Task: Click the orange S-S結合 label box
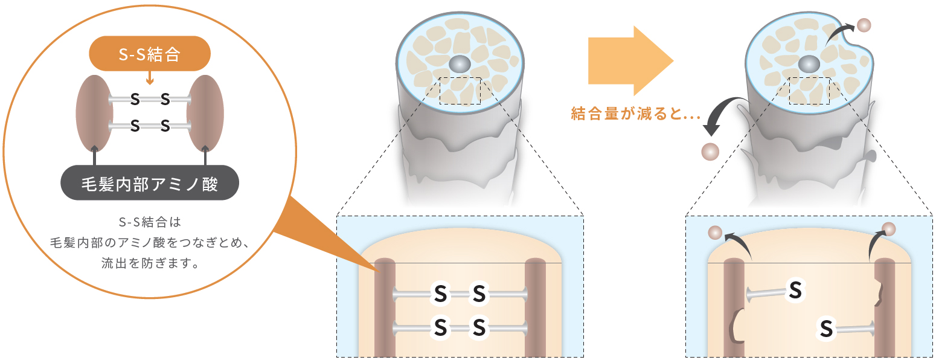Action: (150, 54)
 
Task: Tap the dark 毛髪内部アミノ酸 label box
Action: (150, 182)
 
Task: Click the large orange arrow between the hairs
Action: (631, 61)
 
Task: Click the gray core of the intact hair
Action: (460, 65)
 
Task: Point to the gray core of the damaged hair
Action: (809, 65)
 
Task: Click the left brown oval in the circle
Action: (94, 114)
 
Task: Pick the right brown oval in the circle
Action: (205, 114)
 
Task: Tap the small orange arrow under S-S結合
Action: (150, 78)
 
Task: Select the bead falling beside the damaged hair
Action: (710, 152)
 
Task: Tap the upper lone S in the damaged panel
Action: (795, 290)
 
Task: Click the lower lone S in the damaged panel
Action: (827, 329)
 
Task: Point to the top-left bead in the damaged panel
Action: (716, 233)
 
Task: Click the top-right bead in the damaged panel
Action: (889, 230)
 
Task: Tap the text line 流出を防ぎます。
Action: (150, 263)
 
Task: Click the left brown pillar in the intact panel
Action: (385, 307)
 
